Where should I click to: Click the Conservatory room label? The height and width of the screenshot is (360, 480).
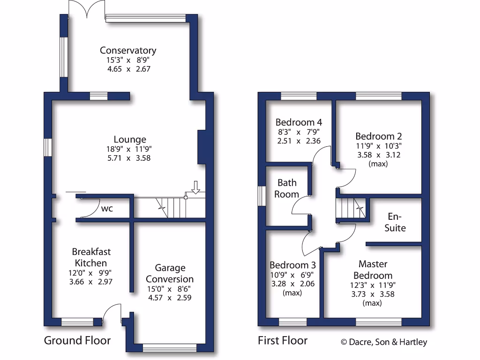(x=128, y=51)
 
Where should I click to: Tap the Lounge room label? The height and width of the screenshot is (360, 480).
(x=130, y=139)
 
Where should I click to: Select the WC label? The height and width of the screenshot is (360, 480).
(x=107, y=209)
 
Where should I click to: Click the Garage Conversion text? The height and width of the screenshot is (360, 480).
(x=170, y=273)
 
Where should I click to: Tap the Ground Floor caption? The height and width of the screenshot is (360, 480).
(x=77, y=340)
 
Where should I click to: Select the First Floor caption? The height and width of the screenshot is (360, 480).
(x=283, y=340)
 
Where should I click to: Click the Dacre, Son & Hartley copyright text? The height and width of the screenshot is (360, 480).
(x=384, y=342)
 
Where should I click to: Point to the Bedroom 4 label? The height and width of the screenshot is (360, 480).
(x=299, y=123)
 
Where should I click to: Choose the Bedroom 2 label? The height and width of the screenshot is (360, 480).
(x=378, y=136)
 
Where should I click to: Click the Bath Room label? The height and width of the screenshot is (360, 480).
(x=286, y=188)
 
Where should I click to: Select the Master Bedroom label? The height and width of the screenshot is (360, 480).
(x=373, y=270)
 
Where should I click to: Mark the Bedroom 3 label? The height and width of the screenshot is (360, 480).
(x=292, y=264)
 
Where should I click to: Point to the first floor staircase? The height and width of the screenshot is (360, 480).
(x=349, y=209)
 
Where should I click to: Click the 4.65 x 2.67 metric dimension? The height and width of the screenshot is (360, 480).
(x=128, y=68)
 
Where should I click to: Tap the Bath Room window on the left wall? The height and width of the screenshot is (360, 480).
(x=262, y=196)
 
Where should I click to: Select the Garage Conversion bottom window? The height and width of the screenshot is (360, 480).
(x=170, y=347)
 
